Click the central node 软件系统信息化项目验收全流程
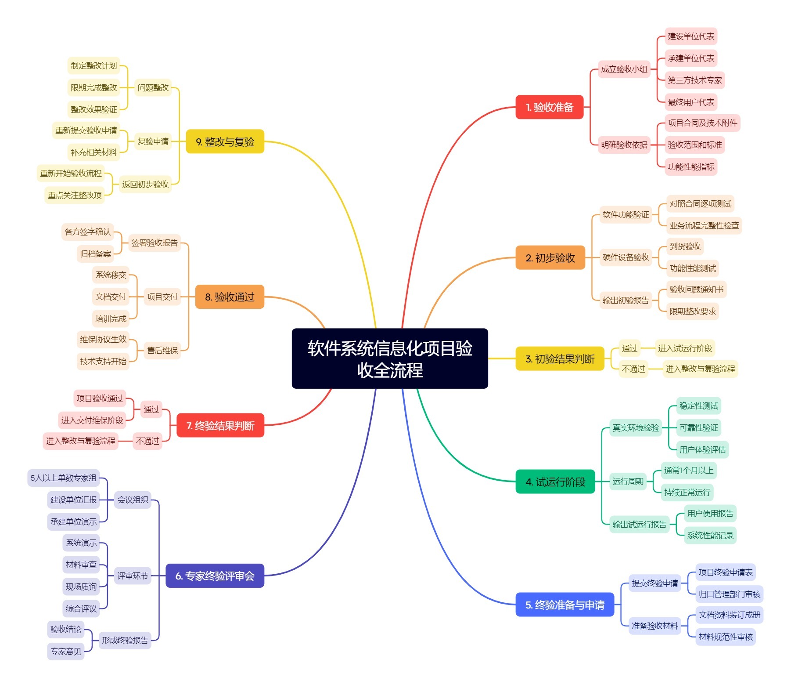(390, 358)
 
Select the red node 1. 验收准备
(549, 107)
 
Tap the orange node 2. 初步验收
(550, 258)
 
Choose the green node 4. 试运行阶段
(555, 482)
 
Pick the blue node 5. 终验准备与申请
(564, 605)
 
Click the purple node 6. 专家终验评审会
(215, 576)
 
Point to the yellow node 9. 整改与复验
(225, 142)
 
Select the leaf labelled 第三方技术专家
(694, 80)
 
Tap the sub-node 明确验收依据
(624, 145)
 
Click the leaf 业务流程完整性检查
(704, 226)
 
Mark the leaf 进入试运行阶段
(684, 348)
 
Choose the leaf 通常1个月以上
(688, 471)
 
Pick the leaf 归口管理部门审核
(729, 594)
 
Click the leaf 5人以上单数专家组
(63, 478)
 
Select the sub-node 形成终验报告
(125, 641)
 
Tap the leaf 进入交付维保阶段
(92, 420)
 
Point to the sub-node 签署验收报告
(155, 243)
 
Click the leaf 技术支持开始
(103, 362)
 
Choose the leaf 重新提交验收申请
(86, 130)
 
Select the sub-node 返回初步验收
(145, 185)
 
